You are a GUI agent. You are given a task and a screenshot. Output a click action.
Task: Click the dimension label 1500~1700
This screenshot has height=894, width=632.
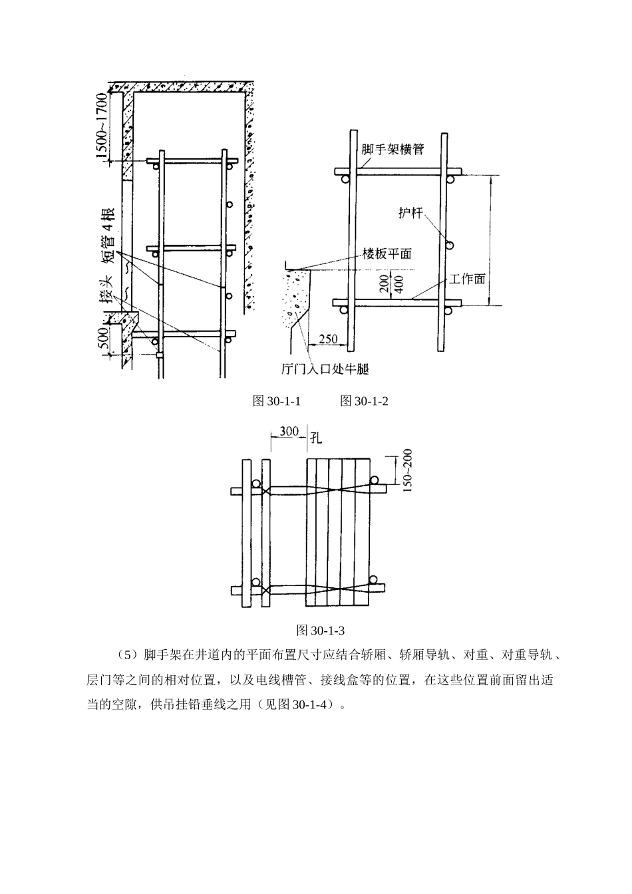pos(100,128)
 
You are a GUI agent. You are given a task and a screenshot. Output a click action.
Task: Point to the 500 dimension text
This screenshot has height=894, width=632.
pos(103,338)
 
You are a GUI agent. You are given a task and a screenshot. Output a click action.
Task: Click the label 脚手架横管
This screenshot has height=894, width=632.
pos(393,149)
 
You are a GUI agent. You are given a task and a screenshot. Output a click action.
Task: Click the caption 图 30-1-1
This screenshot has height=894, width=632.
pos(277,401)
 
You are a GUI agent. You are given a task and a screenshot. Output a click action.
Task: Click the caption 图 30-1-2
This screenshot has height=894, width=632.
pos(363,401)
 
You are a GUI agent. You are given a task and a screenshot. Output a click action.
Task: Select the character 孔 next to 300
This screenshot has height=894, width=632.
pos(316,437)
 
